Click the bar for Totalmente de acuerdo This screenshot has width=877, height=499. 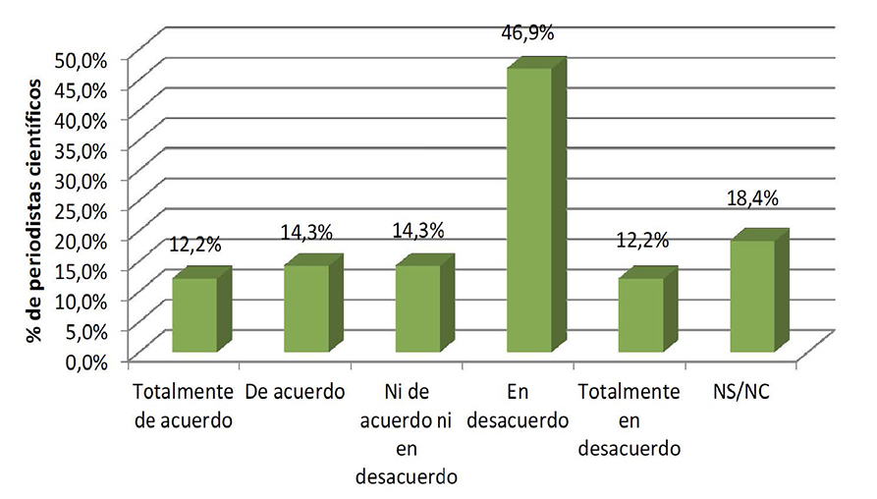194,314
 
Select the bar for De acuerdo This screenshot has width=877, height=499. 306,308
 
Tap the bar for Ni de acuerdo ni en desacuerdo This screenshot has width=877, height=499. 417,308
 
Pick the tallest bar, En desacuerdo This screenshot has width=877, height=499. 529,209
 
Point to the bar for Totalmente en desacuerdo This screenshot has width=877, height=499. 640,314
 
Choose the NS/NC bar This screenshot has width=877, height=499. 752,296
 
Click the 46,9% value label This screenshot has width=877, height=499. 528,32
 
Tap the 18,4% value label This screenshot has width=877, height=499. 752,198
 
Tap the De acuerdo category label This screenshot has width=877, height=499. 296,393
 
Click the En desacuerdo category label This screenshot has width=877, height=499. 520,407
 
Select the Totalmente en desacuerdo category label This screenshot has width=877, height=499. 630,420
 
